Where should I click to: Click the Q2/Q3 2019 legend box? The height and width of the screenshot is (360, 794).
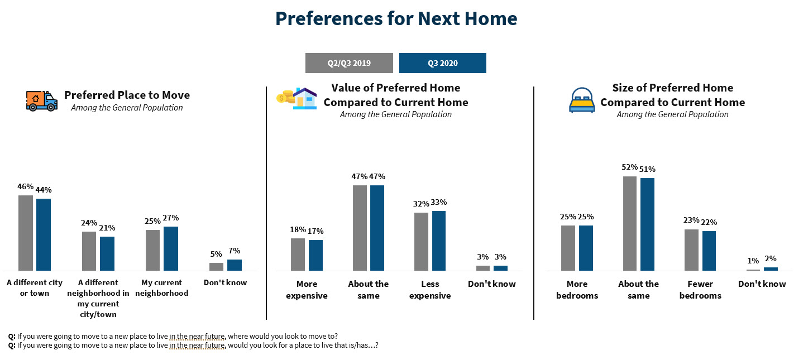[349, 63]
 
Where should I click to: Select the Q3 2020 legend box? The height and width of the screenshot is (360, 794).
[442, 63]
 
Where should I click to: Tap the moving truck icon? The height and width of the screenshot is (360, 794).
[41, 101]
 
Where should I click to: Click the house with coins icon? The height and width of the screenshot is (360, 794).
[297, 98]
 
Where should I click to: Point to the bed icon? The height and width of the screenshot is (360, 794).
[582, 100]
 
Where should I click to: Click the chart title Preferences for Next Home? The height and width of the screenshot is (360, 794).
[396, 19]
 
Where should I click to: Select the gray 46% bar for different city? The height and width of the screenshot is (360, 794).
[26, 233]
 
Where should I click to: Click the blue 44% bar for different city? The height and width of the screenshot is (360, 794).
[44, 234]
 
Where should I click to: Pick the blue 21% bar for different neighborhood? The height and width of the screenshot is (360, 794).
[107, 253]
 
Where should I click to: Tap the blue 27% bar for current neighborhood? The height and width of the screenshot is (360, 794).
[171, 248]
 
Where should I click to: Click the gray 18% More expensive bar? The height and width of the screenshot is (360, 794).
[298, 255]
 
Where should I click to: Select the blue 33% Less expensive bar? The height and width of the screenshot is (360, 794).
[439, 241]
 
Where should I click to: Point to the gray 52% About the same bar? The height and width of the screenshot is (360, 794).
[630, 223]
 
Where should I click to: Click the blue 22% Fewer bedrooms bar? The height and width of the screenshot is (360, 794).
[709, 251]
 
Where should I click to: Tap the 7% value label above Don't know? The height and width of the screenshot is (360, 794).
[234, 251]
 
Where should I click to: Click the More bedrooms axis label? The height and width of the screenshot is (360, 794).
[577, 290]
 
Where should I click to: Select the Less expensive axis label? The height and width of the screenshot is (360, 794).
[430, 290]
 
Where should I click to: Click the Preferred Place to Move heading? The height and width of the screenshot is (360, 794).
[127, 95]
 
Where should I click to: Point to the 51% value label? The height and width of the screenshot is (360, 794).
[648, 169]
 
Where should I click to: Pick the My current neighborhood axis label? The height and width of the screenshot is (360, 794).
[165, 287]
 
